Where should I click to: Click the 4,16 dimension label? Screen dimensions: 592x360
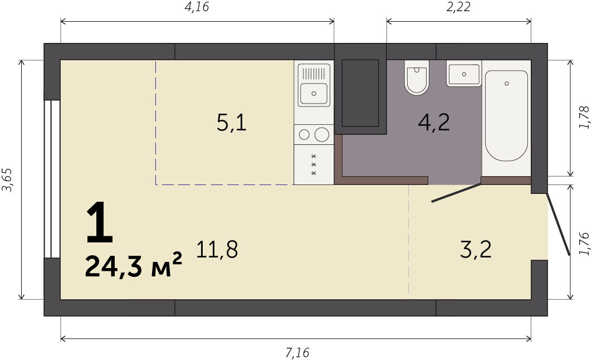pyautogui.click(x=197, y=7)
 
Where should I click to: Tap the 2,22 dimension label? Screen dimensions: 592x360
pyautogui.click(x=458, y=7)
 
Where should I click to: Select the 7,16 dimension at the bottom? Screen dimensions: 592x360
pyautogui.click(x=297, y=353)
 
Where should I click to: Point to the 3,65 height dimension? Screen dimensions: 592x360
pyautogui.click(x=8, y=179)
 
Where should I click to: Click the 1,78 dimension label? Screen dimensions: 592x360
pyautogui.click(x=584, y=118)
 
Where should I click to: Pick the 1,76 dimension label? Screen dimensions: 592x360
pyautogui.click(x=584, y=244)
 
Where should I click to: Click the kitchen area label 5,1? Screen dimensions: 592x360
pyautogui.click(x=232, y=123)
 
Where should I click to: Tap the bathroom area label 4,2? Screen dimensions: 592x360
pyautogui.click(x=434, y=123)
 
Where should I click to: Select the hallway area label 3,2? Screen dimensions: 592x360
pyautogui.click(x=476, y=250)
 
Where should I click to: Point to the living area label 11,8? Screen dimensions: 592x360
pyautogui.click(x=217, y=250)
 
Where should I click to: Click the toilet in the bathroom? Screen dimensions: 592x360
pyautogui.click(x=417, y=77)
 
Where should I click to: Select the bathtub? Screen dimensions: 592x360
pyautogui.click(x=506, y=116)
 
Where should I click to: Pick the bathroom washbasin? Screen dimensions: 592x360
pyautogui.click(x=464, y=74)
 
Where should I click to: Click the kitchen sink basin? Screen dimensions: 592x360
pyautogui.click(x=314, y=93)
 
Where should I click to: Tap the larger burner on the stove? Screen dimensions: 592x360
pyautogui.click(x=322, y=134)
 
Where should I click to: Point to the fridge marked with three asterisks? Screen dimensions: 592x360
pyautogui.click(x=314, y=165)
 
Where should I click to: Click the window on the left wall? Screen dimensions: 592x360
pyautogui.click(x=52, y=179)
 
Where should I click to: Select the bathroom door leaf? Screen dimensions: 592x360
pyautogui.click(x=456, y=193)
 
